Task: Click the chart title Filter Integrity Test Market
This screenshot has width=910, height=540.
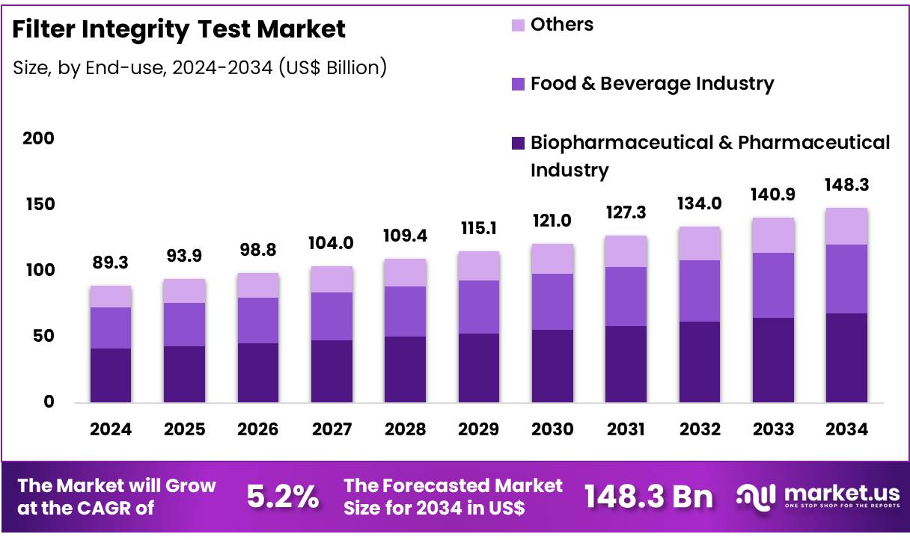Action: coord(179,29)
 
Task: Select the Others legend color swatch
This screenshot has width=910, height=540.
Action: coord(518,25)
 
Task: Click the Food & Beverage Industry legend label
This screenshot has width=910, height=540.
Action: coord(652,83)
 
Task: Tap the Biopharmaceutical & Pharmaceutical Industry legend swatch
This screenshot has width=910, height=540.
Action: coord(518,143)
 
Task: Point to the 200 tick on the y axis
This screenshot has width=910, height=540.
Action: coord(38,138)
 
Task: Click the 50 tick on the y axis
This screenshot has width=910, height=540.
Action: coord(43,336)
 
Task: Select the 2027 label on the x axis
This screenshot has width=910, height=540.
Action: coord(332,429)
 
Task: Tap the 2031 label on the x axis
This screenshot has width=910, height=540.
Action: coord(626,429)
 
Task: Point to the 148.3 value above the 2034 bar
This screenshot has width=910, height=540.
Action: coord(847,185)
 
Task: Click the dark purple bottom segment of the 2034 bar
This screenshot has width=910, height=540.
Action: coord(847,358)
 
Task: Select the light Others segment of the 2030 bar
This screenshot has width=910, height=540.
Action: coord(552,259)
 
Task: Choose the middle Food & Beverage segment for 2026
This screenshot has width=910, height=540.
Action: coord(258,320)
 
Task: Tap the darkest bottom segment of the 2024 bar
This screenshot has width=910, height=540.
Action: coord(111,375)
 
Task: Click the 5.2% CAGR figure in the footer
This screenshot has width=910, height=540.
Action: coord(282,497)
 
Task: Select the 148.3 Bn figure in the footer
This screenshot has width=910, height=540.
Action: coord(648,497)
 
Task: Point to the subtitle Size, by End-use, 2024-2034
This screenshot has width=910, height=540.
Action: coord(200,67)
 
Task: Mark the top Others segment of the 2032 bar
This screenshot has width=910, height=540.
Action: coord(700,243)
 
